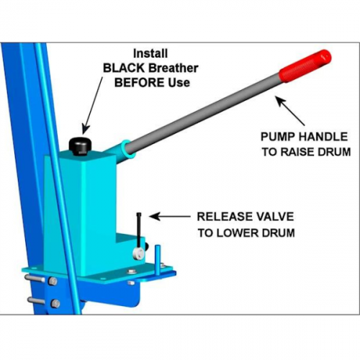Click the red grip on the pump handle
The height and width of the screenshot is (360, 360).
click(305, 66)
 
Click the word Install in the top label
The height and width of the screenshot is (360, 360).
click(150, 54)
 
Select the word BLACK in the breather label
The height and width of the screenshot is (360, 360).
click(123, 68)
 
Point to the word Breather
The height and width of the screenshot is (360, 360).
click(173, 68)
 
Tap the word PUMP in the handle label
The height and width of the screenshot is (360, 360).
click(278, 137)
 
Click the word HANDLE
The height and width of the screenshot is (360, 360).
click(323, 137)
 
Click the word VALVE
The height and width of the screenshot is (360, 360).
click(274, 217)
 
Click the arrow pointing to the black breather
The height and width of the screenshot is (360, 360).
click(94, 105)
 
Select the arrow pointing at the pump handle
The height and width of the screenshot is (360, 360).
click(290, 111)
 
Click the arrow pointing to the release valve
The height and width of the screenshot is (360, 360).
click(169, 216)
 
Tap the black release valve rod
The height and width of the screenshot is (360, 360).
click(140, 230)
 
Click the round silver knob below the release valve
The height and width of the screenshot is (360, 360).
click(138, 253)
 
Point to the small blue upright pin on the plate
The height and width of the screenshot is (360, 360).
click(158, 259)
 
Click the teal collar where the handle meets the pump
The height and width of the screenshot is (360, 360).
click(127, 149)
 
